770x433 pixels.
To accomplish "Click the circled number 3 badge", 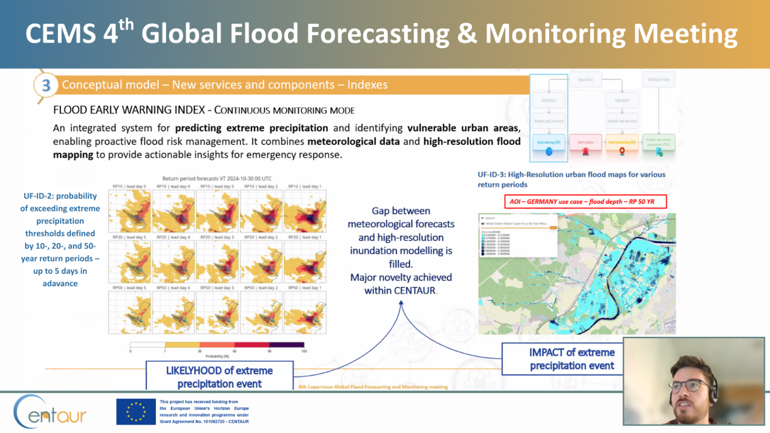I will (x=46, y=85).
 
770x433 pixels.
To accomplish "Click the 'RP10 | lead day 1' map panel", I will (x=305, y=211).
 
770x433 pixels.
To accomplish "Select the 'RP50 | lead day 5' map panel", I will (x=130, y=312).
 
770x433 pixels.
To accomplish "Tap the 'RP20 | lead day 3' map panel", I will (x=218, y=262).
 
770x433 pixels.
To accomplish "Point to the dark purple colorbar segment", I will (x=287, y=345).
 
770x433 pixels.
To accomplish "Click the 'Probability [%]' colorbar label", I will (x=217, y=356).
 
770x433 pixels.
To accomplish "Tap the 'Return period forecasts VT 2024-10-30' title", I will (x=217, y=178).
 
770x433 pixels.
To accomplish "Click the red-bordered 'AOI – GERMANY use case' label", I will (x=585, y=201).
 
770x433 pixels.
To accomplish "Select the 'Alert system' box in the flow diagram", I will (x=585, y=142).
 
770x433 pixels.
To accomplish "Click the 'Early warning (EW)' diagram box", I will (x=549, y=142).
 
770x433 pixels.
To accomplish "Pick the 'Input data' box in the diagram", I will (x=585, y=80).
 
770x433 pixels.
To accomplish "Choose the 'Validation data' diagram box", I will (x=658, y=80).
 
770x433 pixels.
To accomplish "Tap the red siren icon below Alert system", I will (x=585, y=152).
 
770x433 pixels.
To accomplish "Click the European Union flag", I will (x=136, y=411).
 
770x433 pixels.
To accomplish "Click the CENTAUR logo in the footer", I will (x=50, y=412).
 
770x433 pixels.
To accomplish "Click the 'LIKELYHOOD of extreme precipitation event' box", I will (x=219, y=377).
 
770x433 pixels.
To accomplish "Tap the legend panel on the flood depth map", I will (x=518, y=236).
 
